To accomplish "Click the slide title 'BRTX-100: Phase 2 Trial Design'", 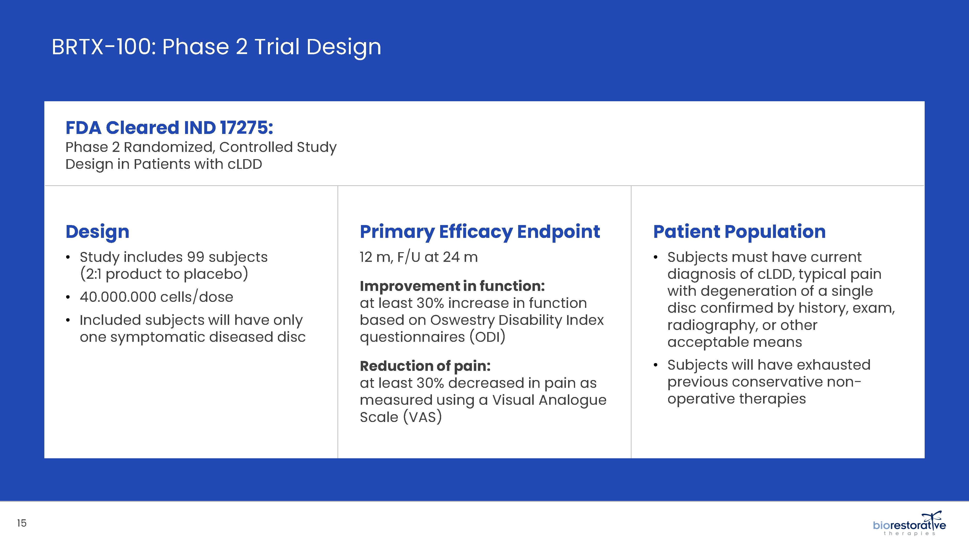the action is [x=216, y=47].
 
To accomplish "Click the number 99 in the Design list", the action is [x=195, y=257].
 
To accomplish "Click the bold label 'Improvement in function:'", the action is [x=452, y=286].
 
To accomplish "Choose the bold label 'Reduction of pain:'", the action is [x=425, y=366].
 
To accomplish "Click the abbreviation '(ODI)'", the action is [x=487, y=337].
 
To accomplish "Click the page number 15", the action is [x=22, y=523].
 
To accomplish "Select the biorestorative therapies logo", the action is [x=909, y=523].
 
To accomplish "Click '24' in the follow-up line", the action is [x=451, y=257].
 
